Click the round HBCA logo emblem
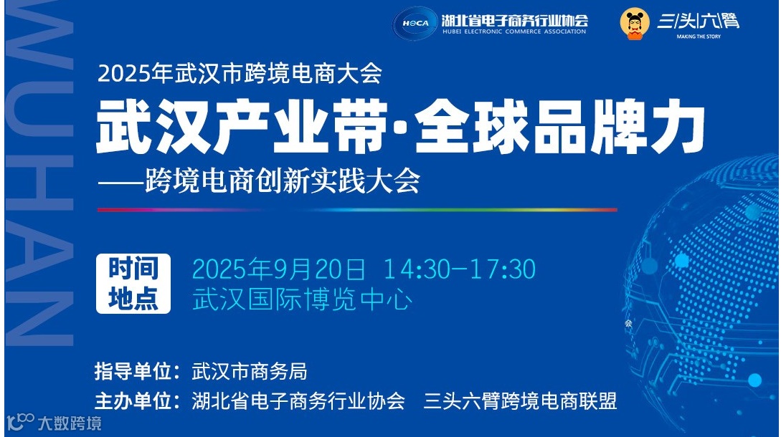pyautogui.click(x=415, y=23)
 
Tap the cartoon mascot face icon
pyautogui.click(x=635, y=24)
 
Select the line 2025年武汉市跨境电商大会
pyautogui.click(x=240, y=74)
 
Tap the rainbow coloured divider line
pyautogui.click(x=357, y=210)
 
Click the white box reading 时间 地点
pyautogui.click(x=133, y=284)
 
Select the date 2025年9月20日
pyautogui.click(x=279, y=269)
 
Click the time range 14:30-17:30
pyautogui.click(x=459, y=269)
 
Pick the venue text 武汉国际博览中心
pyautogui.click(x=302, y=299)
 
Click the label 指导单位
pyautogui.click(x=136, y=372)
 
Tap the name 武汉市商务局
pyautogui.click(x=250, y=372)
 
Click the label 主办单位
pyautogui.click(x=136, y=400)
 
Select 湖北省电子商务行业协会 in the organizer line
pyautogui.click(x=298, y=400)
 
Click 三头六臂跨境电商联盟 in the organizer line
pyautogui.click(x=520, y=400)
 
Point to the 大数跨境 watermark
pyautogui.click(x=55, y=423)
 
